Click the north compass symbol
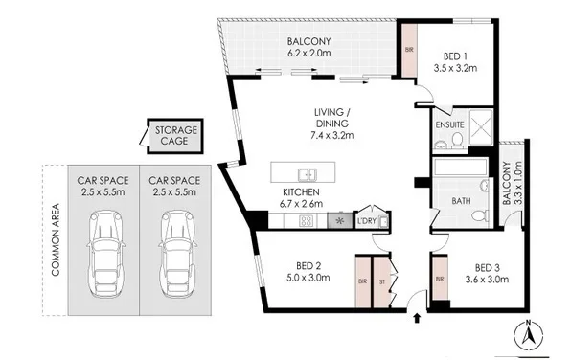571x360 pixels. click(528, 334)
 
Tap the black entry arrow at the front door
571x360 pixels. click(418, 318)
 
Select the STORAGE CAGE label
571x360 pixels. click(176, 135)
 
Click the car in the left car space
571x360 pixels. click(104, 254)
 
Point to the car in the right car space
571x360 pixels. click(176, 254)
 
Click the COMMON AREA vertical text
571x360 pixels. click(56, 239)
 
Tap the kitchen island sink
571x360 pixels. click(307, 174)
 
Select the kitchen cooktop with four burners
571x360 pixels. click(306, 221)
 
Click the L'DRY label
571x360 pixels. click(366, 221)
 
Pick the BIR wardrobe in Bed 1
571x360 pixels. click(409, 50)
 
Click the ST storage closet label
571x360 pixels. click(382, 281)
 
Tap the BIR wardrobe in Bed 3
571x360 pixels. click(440, 279)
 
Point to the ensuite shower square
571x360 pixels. click(481, 127)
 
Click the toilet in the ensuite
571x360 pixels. click(457, 141)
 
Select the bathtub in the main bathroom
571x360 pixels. click(460, 168)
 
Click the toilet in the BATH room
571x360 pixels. click(481, 215)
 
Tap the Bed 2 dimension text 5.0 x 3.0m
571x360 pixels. click(308, 278)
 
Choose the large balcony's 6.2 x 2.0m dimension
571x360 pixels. click(308, 54)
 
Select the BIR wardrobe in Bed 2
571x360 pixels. click(363, 281)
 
